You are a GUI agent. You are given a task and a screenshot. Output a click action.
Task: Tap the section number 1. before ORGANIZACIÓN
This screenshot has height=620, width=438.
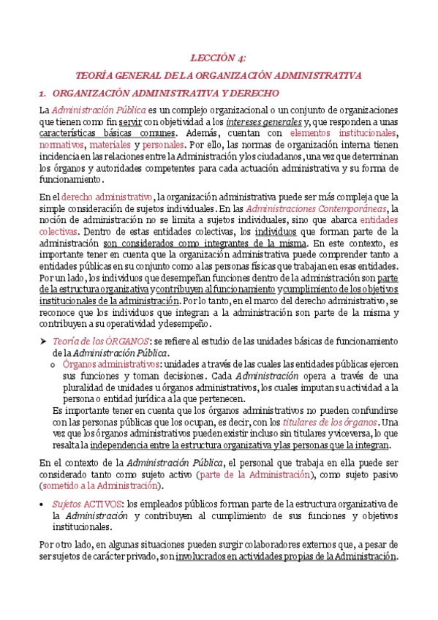pos(42,93)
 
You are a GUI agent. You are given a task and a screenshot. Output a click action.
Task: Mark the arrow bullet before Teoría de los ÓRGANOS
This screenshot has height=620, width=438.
pos(43,341)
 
